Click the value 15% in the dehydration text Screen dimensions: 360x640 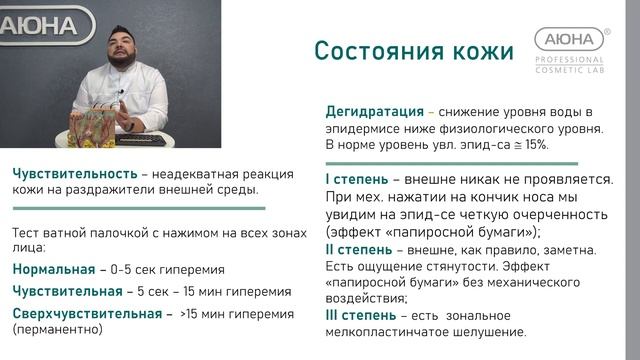coord(534,146)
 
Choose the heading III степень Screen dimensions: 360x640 coord(362,315)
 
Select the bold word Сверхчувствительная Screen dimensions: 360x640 coord(86,315)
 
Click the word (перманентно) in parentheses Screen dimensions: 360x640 coord(58,331)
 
